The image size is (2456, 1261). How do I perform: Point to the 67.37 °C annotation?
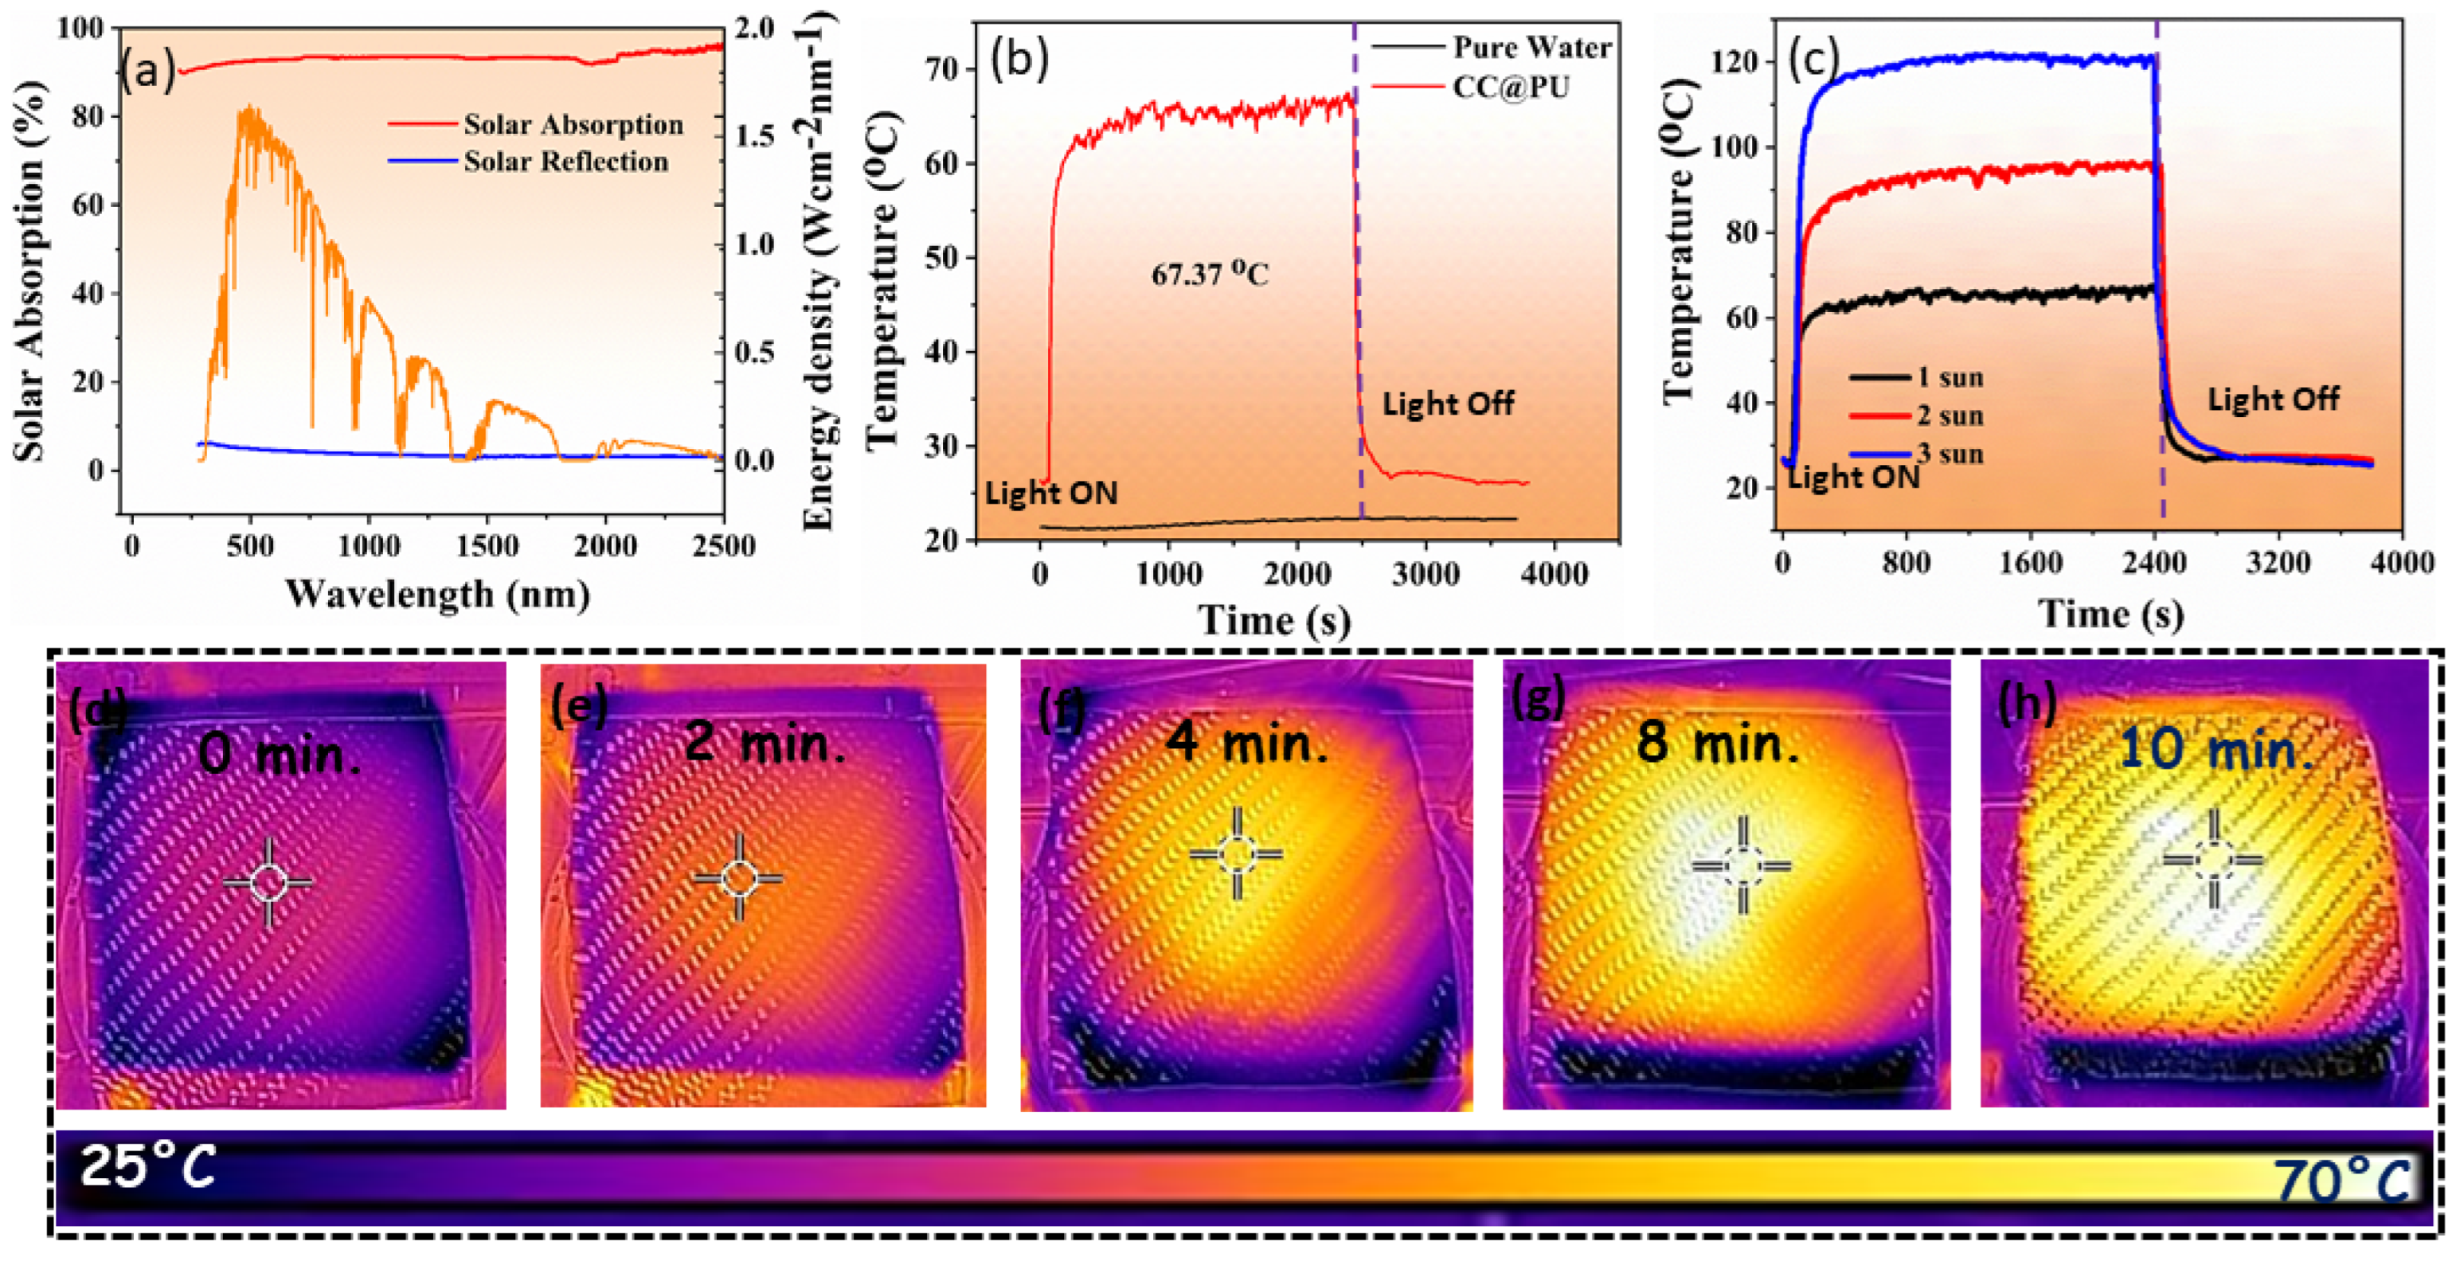coord(1209,275)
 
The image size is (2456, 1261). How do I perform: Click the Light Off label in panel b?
coord(1447,404)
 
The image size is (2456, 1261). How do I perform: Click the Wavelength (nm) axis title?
coord(438,595)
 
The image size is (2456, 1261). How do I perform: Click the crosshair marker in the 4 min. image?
coord(1237,853)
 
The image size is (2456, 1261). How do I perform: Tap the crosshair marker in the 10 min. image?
coord(2213,861)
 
